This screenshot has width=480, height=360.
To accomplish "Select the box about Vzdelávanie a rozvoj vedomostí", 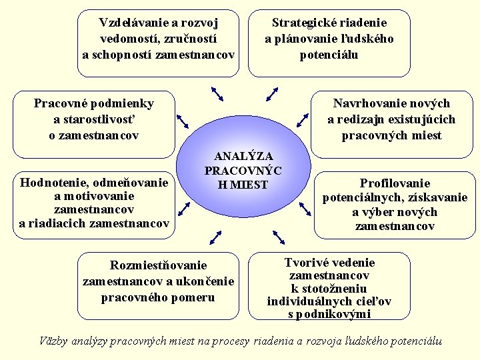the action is (x=158, y=39).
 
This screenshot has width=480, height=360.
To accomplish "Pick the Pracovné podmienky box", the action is (x=94, y=119).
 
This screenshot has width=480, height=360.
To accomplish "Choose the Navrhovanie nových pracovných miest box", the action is (x=391, y=119).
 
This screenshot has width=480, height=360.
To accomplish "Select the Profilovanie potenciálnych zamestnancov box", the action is (x=395, y=205).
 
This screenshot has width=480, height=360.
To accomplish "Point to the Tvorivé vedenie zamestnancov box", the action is (x=329, y=287).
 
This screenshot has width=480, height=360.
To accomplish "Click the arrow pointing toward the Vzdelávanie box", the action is (x=217, y=94).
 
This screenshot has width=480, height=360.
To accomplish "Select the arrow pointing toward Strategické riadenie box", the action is (x=272, y=94).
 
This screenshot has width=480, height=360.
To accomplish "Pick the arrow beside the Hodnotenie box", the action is (x=183, y=208).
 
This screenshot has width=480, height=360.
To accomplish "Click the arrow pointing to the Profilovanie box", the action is (x=305, y=209).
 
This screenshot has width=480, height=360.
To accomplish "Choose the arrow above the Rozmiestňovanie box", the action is (x=215, y=237).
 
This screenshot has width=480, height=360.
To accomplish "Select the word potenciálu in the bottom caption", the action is (x=414, y=341).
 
